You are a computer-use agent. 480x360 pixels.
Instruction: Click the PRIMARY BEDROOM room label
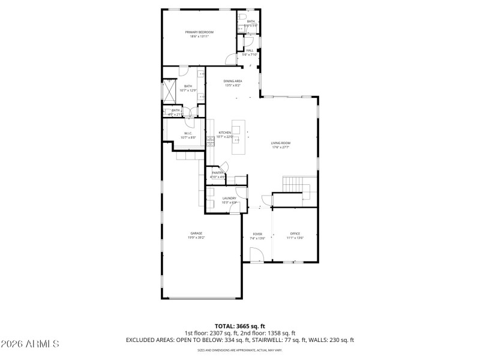point(199,32)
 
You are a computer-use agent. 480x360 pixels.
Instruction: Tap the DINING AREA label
point(233,81)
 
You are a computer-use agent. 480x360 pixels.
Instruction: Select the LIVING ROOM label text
point(281,143)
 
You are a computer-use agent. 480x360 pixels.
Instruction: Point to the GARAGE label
point(196,233)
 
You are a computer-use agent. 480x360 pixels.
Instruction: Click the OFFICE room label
point(295,233)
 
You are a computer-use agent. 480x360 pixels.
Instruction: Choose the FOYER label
point(257,233)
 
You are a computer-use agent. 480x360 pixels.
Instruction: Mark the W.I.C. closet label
point(188,133)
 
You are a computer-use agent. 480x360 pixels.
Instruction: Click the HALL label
point(249,50)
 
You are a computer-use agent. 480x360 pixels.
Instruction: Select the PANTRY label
point(217,173)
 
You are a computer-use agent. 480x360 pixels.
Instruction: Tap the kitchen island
point(239,137)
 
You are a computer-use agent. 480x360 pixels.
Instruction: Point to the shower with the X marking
point(169,92)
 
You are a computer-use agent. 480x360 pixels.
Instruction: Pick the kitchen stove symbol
point(211,142)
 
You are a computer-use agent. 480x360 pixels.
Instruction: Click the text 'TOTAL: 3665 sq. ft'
point(239,326)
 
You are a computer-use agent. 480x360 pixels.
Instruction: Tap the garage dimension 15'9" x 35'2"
point(196,238)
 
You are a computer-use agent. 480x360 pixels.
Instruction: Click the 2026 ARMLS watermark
point(30,344)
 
